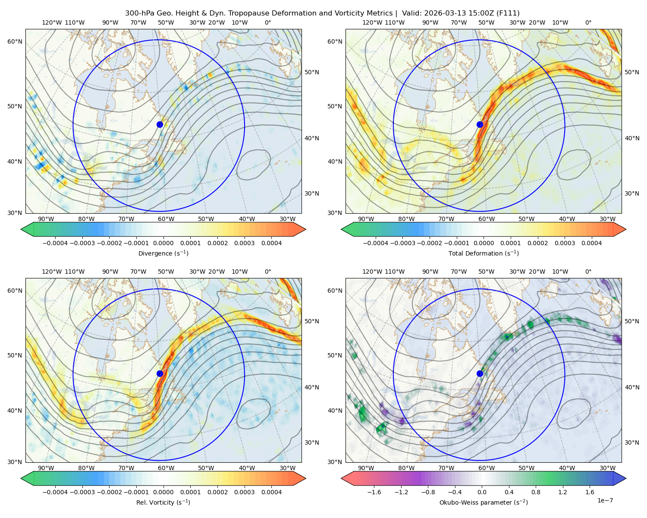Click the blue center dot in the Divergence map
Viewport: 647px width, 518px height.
(160, 125)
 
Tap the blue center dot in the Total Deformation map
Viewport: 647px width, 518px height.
(480, 125)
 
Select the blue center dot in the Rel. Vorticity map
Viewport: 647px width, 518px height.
(160, 373)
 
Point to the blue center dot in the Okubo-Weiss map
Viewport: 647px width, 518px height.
(480, 373)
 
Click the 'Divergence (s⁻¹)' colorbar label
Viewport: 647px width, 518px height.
(163, 253)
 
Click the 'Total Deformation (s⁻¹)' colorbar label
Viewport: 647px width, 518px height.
(484, 253)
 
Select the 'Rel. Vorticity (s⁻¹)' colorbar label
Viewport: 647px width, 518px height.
(163, 502)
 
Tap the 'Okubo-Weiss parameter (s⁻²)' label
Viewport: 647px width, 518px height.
(484, 502)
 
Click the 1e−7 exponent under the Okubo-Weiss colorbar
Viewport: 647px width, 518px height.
(605, 500)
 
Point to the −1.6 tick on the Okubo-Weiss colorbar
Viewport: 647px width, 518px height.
(374, 492)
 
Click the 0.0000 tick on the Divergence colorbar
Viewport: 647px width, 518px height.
(163, 243)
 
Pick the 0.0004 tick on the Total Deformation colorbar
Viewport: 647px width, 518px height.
(591, 243)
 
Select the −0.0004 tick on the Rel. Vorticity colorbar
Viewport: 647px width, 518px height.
(55, 492)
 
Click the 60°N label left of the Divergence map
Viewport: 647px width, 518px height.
(15, 41)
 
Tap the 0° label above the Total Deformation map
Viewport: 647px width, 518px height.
(588, 22)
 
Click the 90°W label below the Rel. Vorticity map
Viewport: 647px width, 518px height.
(46, 468)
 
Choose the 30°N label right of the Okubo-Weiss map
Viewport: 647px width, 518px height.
(631, 442)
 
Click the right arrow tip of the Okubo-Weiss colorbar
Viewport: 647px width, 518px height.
(626, 478)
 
